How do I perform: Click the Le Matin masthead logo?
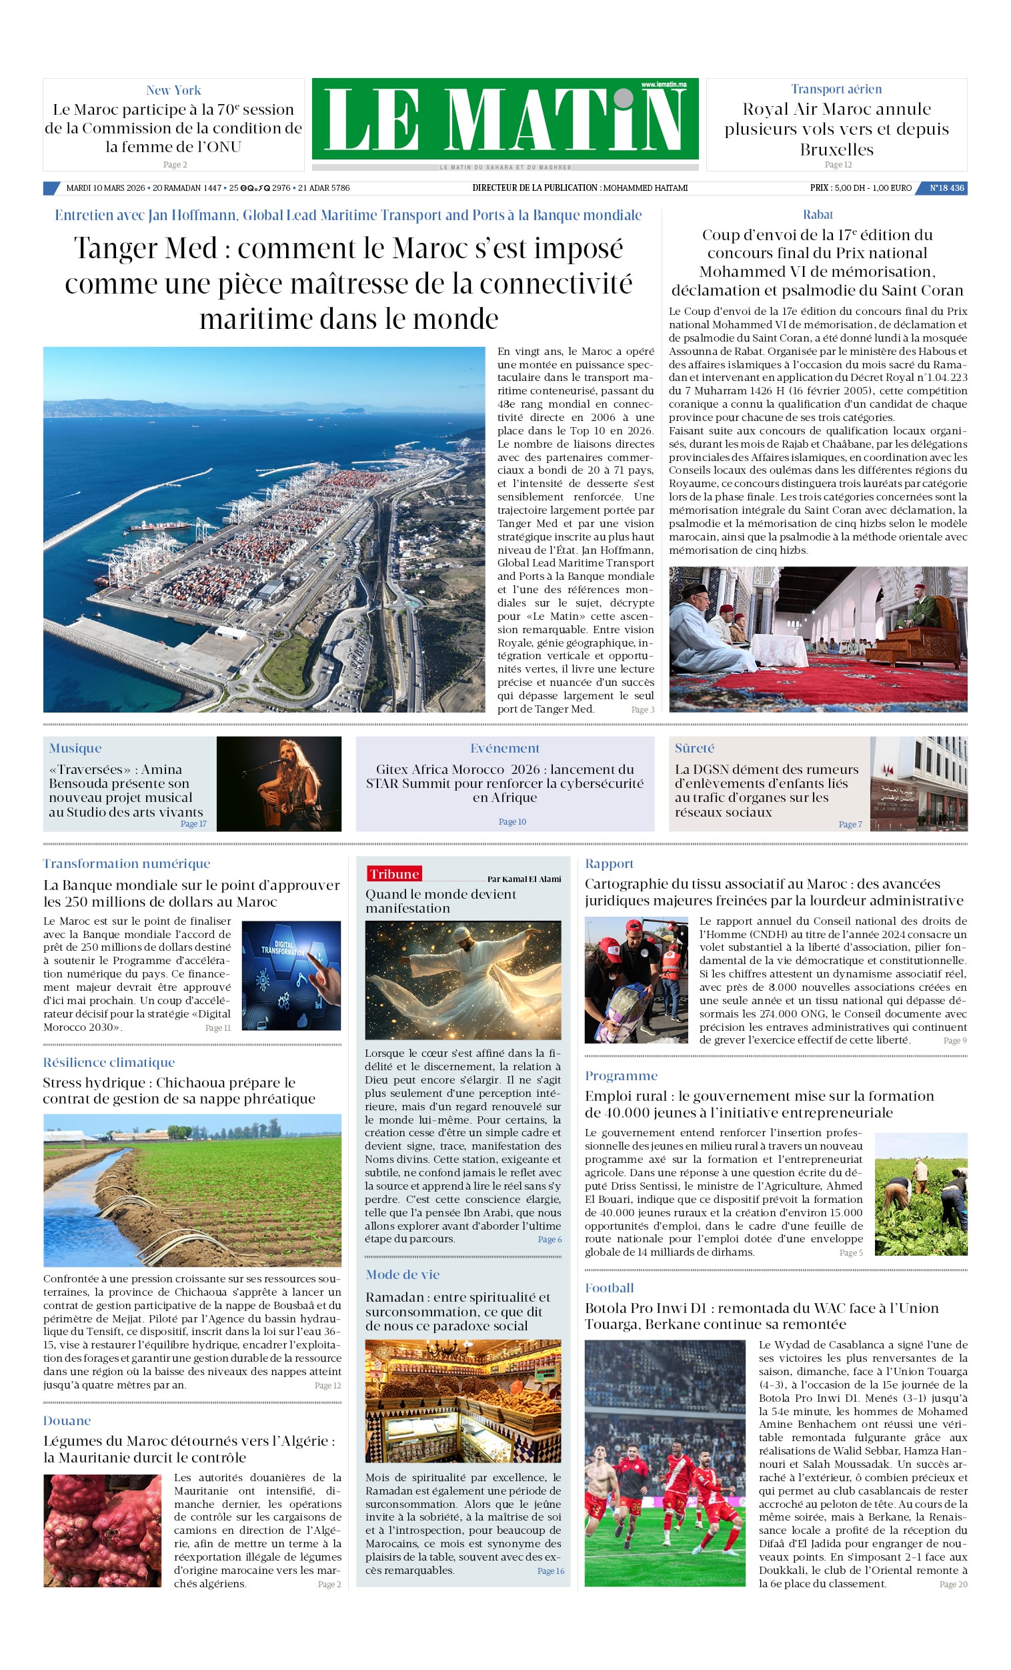tap(505, 119)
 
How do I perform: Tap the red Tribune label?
tap(393, 873)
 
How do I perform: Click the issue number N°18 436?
tap(946, 187)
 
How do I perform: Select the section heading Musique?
tap(75, 747)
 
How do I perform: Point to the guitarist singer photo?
tap(279, 783)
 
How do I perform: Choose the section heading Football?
tap(609, 1288)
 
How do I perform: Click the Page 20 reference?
tap(953, 1584)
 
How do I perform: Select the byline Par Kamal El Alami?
tap(524, 879)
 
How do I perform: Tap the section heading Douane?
tap(67, 1420)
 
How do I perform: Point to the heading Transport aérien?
tap(836, 89)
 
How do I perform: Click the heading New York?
tap(173, 90)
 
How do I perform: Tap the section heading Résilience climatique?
tap(109, 1062)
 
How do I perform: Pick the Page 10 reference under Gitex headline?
tap(512, 821)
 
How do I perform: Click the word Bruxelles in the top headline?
tap(836, 149)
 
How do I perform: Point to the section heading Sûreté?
tap(694, 747)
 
